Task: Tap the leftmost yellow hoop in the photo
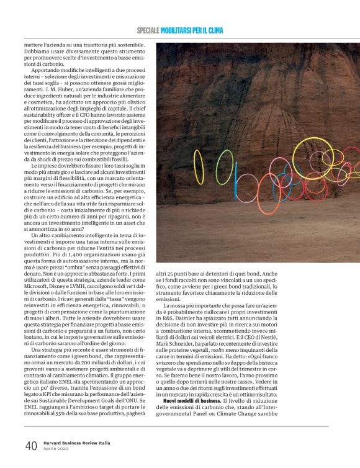tap(199, 167)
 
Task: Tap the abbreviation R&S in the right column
tap(171, 317)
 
